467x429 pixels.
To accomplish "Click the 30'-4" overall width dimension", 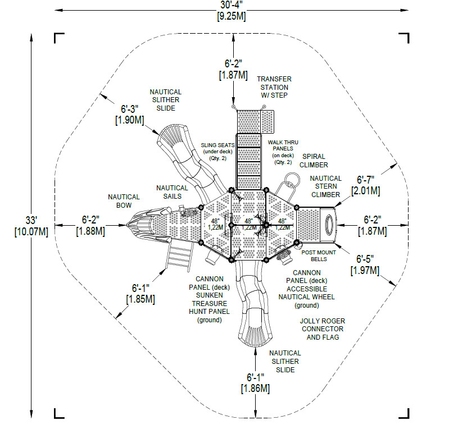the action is click(232, 11).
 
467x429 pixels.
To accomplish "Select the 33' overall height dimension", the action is click(31, 226).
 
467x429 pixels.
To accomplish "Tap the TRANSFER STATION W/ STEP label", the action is click(274, 87).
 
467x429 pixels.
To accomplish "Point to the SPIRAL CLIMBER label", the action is click(314, 161).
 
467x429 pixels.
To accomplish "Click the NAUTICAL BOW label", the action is click(124, 201).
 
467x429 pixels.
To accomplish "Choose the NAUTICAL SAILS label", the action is click(172, 192).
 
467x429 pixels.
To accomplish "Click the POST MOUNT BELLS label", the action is click(319, 256).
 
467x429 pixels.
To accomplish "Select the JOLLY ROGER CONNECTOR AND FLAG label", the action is click(323, 329).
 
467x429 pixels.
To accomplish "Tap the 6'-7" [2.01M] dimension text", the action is click(365, 185).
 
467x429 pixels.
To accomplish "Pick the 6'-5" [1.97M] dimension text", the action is click(365, 264).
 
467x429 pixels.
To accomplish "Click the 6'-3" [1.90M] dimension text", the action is click(130, 114).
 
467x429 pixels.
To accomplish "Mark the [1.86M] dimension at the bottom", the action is click(255, 389).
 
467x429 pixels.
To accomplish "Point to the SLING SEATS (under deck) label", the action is click(217, 152).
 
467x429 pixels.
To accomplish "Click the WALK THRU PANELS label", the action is click(283, 152).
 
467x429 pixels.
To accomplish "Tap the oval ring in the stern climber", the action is click(329, 225).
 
